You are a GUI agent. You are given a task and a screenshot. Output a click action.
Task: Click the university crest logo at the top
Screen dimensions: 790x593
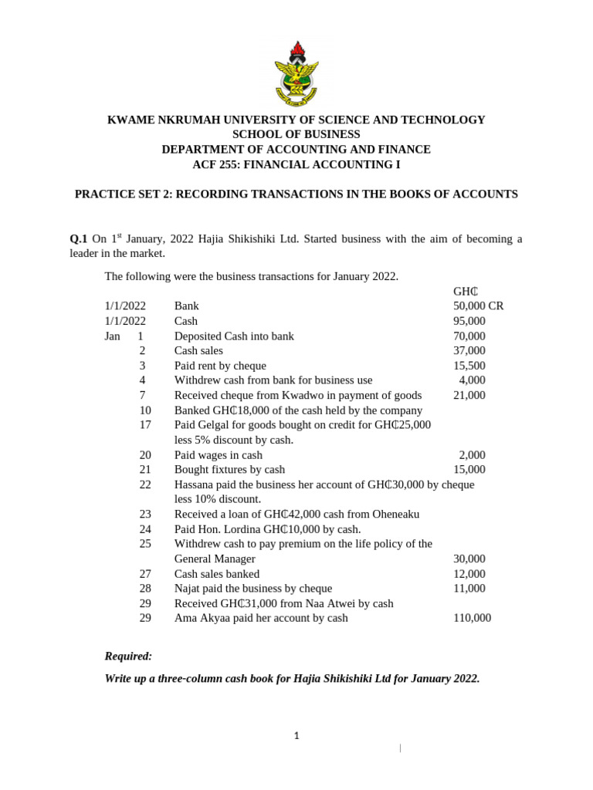(x=296, y=74)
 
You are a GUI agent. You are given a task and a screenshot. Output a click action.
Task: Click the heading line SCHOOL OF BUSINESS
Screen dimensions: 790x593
(x=296, y=134)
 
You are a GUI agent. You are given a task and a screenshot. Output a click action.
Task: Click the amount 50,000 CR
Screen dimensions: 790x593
(x=478, y=306)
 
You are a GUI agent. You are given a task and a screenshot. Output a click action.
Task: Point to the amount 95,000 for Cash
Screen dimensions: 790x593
(x=469, y=321)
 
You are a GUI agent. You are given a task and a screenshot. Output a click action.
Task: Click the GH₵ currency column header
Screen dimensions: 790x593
(x=466, y=292)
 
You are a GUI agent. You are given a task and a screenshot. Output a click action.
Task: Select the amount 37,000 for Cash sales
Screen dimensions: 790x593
(x=469, y=351)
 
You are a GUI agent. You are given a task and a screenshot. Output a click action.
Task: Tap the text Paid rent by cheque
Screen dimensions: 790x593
(x=220, y=366)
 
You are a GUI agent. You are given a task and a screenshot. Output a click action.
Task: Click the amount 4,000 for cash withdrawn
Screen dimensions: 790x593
(x=472, y=380)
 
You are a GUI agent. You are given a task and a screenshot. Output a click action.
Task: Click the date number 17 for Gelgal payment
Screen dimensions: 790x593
(x=145, y=425)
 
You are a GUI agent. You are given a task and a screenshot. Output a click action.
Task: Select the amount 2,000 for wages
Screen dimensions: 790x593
(x=472, y=455)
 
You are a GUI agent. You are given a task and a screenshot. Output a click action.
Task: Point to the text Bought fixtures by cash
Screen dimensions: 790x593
(x=229, y=470)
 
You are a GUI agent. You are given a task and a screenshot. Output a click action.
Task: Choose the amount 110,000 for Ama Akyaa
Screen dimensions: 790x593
(x=472, y=618)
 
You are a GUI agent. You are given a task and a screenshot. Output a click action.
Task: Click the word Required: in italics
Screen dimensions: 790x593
(x=128, y=657)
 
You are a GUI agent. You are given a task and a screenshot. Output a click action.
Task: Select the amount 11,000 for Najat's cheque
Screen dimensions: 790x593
(x=469, y=589)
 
